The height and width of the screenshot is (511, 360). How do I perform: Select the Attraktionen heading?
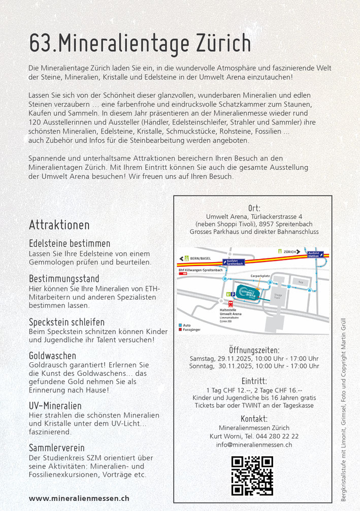(59, 225)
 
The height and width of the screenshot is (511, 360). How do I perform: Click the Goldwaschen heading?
(52, 356)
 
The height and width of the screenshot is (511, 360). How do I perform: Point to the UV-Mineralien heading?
(55, 406)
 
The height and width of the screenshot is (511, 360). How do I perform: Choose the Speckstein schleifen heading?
(67, 322)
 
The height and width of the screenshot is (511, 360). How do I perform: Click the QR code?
(252, 476)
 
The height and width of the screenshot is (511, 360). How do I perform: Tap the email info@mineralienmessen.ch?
(254, 445)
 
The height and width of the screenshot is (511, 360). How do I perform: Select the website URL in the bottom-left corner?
(79, 498)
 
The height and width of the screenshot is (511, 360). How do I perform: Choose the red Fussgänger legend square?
(181, 330)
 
